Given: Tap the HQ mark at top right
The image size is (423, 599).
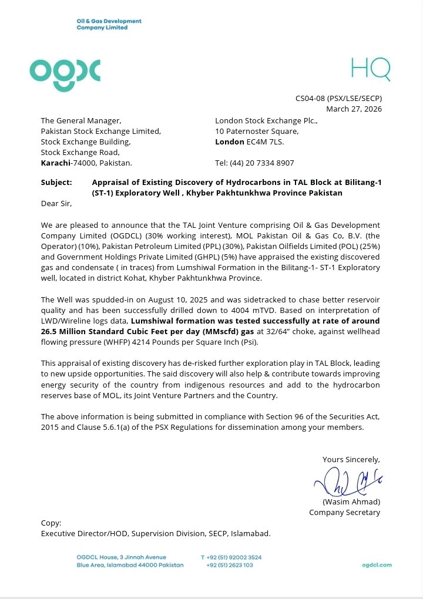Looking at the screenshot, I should [370, 70].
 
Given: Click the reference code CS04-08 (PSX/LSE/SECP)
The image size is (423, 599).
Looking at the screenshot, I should [338, 99].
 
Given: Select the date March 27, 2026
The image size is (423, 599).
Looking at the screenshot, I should [354, 109].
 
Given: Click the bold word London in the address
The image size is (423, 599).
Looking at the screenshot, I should [230, 142].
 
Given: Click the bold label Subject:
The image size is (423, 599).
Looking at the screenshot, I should [56, 183].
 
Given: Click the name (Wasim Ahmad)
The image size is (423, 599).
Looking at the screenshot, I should [351, 502].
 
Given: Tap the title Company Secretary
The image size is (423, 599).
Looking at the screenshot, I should [344, 512].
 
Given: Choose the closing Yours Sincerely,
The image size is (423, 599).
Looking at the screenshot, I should [351, 459].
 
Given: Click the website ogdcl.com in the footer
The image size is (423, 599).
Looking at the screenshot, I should [377, 565].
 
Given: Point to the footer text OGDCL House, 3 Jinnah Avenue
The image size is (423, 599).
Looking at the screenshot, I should [121, 557].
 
